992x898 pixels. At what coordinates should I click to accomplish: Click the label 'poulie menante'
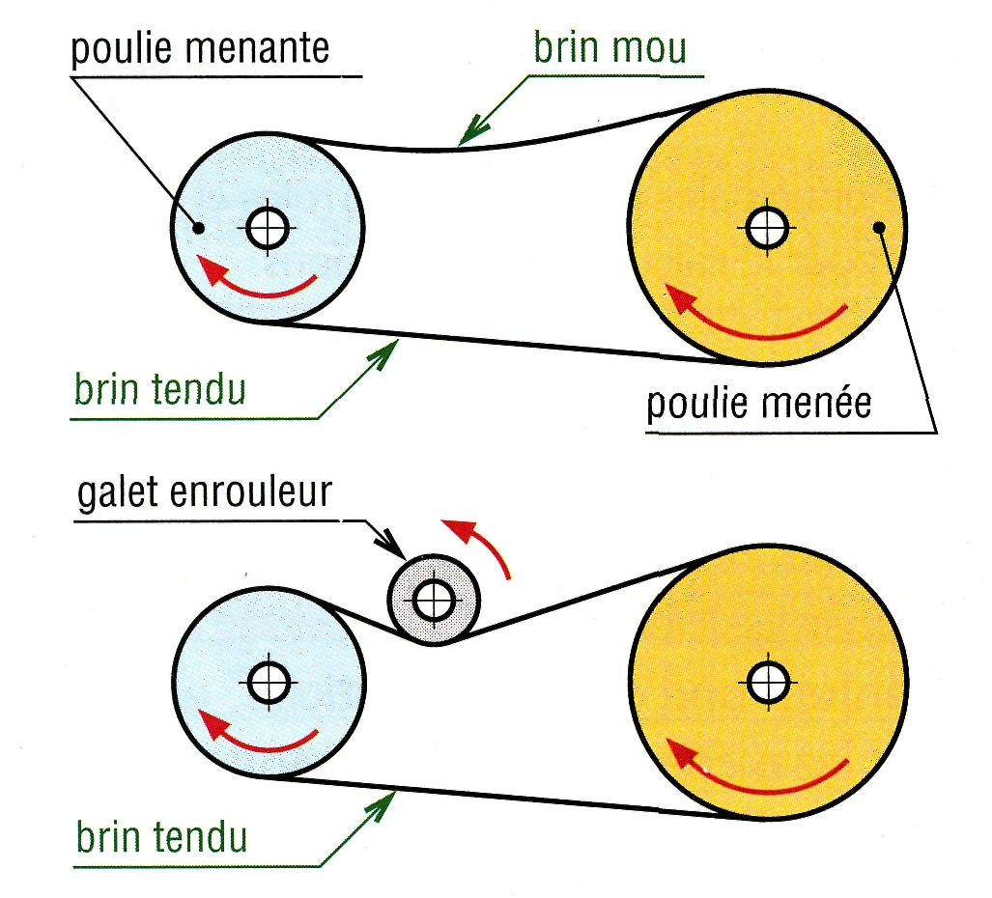pyautogui.click(x=200, y=47)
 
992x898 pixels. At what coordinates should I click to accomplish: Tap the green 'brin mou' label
pyautogui.click(x=609, y=47)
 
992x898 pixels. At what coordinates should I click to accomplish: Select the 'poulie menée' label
pyautogui.click(x=758, y=403)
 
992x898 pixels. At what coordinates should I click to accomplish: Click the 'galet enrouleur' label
pyautogui.click(x=204, y=493)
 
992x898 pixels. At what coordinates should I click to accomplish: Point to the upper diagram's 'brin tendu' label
pyautogui.click(x=159, y=389)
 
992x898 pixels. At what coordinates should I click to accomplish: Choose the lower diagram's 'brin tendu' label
pyautogui.click(x=159, y=835)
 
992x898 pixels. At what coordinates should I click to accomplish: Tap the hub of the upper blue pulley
pyautogui.click(x=267, y=228)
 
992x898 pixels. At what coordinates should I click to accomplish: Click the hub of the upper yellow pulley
pyautogui.click(x=767, y=228)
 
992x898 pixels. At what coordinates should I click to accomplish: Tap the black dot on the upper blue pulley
pyautogui.click(x=199, y=228)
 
